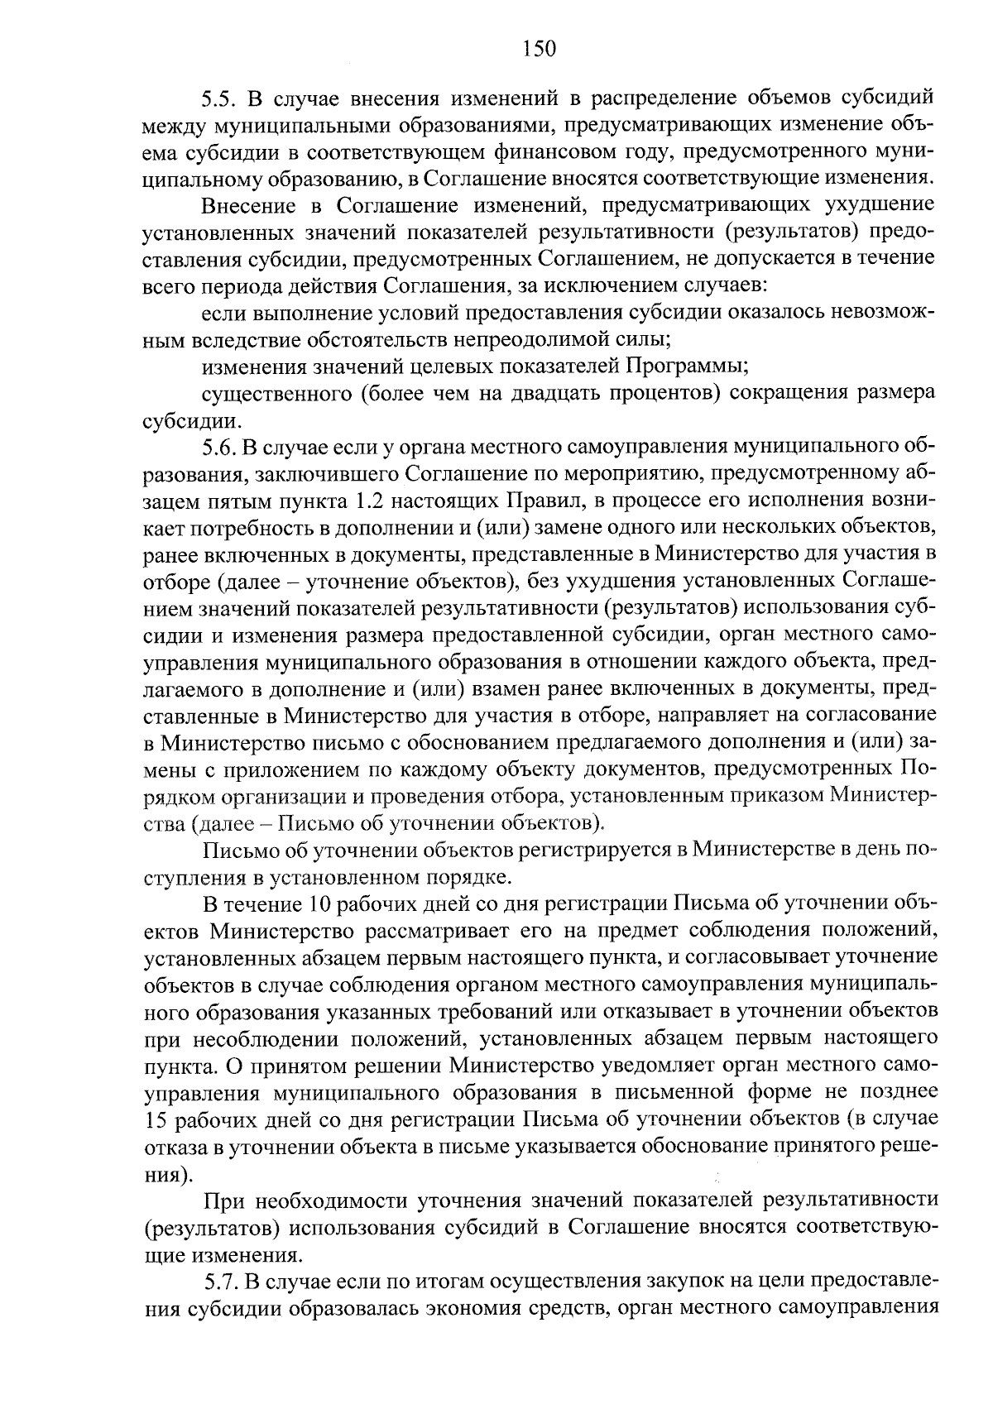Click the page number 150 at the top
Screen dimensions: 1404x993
point(539,49)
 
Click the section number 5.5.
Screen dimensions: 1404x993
point(220,98)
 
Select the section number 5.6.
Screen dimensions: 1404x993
point(220,448)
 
